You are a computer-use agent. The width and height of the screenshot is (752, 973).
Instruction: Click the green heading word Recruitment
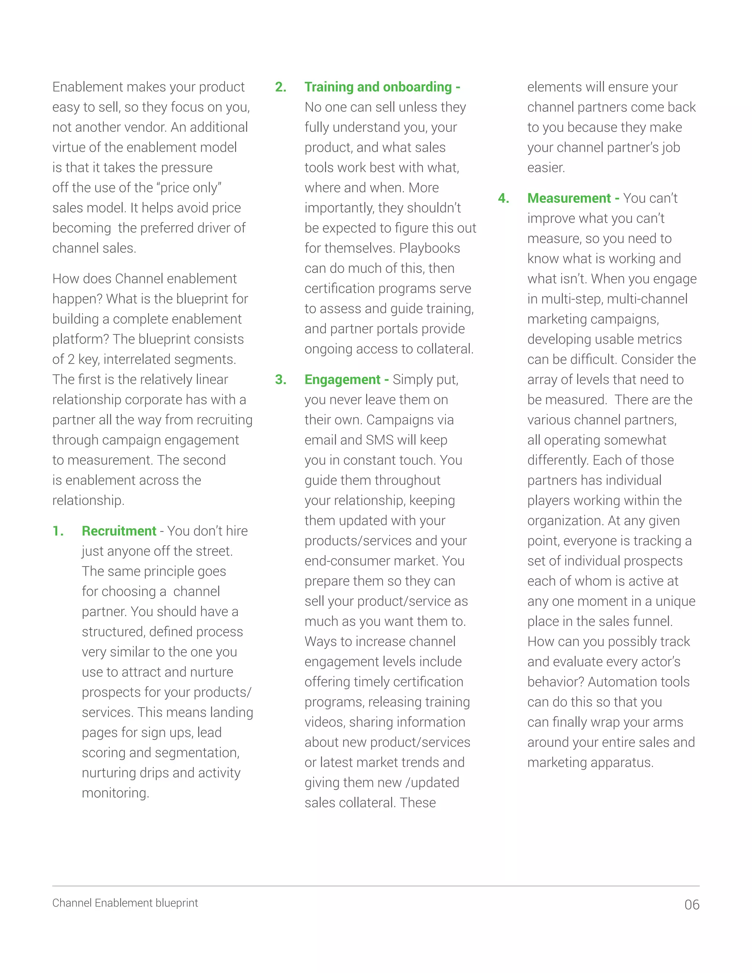pos(119,531)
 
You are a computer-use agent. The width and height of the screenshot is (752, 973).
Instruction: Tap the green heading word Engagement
pos(342,379)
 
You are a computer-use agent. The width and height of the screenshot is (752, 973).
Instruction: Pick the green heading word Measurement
pos(569,198)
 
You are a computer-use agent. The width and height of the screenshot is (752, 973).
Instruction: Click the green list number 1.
pos(58,531)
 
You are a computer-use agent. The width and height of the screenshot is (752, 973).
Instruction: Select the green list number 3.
pos(281,379)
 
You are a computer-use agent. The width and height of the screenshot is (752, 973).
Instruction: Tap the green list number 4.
pos(503,198)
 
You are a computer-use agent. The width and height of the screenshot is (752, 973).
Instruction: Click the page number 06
pos(691,905)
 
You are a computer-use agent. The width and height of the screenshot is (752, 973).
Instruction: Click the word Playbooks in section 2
pos(430,248)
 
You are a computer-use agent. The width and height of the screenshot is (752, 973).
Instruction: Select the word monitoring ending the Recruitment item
pos(115,793)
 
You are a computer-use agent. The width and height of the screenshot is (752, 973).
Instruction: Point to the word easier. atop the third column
pos(546,167)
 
